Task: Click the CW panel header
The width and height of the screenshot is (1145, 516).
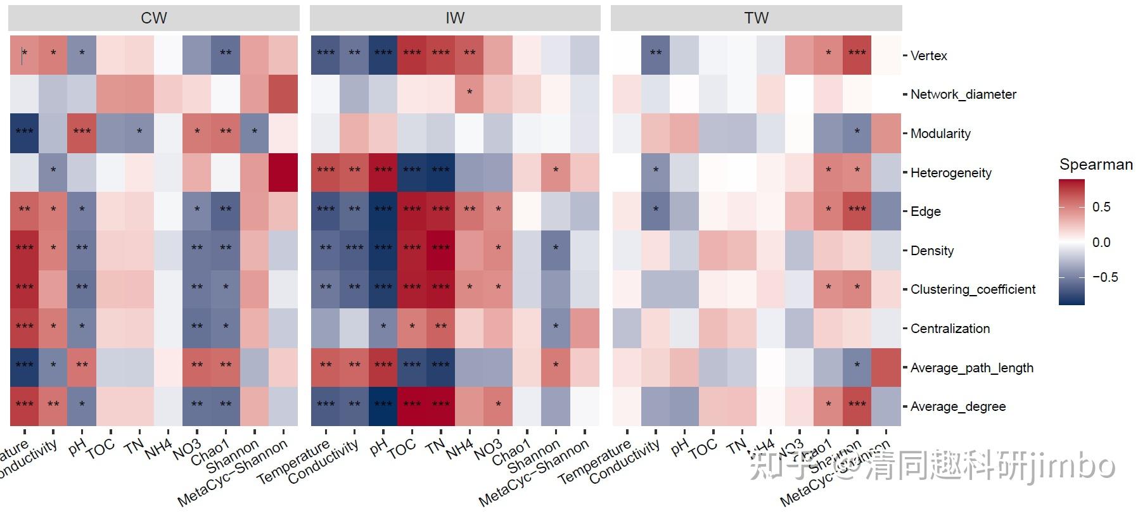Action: tap(154, 18)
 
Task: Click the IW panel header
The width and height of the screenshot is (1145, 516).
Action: tap(455, 18)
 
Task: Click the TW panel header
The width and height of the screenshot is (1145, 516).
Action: tap(756, 18)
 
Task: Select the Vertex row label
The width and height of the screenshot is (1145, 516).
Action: tap(928, 56)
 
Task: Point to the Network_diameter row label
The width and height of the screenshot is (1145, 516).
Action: tap(963, 94)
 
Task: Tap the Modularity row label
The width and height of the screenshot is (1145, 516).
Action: tap(940, 134)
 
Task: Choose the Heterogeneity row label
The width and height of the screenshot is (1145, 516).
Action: tap(950, 173)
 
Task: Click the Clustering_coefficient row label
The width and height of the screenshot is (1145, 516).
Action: tap(973, 289)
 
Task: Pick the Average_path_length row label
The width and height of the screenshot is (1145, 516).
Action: tap(971, 368)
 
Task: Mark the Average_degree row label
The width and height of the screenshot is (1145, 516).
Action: tap(957, 406)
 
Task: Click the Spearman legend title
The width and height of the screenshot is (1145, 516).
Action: tap(1096, 165)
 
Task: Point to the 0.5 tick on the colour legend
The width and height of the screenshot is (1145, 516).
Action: tap(1101, 207)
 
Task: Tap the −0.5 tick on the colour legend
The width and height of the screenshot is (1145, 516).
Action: tap(1105, 277)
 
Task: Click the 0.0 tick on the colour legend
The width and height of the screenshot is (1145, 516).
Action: tap(1101, 242)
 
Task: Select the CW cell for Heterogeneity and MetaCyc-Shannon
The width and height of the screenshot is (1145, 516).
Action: tap(283, 172)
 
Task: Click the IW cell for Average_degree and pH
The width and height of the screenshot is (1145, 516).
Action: tap(383, 406)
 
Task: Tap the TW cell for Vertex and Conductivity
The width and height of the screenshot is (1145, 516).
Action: tap(656, 55)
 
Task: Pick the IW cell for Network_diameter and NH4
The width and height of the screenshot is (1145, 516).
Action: tap(469, 94)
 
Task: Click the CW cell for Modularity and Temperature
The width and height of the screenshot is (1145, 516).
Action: tap(24, 133)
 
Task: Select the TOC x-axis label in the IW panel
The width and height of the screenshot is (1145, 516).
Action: tap(402, 448)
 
